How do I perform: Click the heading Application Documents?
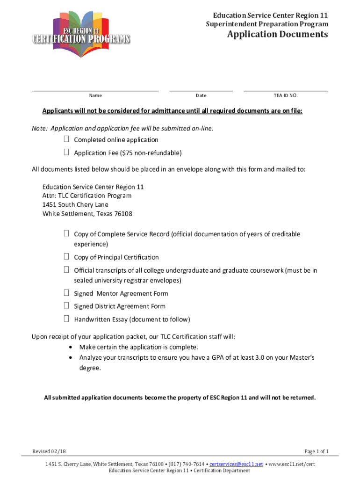click(278, 35)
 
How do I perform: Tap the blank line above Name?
click(95, 90)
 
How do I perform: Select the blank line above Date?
click(201, 90)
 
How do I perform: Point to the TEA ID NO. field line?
click(285, 90)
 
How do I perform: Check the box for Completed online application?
click(66, 139)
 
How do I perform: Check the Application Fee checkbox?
click(66, 152)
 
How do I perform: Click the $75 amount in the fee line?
click(126, 153)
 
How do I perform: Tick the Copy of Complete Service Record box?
click(66, 233)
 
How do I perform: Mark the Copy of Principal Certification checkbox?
click(66, 257)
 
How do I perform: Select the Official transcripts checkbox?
click(66, 270)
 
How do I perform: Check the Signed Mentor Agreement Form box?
click(66, 293)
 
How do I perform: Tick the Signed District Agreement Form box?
click(66, 306)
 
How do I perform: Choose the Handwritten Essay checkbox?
click(66, 319)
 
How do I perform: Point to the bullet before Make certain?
click(70, 347)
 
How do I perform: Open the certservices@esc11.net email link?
click(236, 464)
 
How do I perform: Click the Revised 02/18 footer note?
click(49, 451)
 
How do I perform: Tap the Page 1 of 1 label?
click(317, 451)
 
